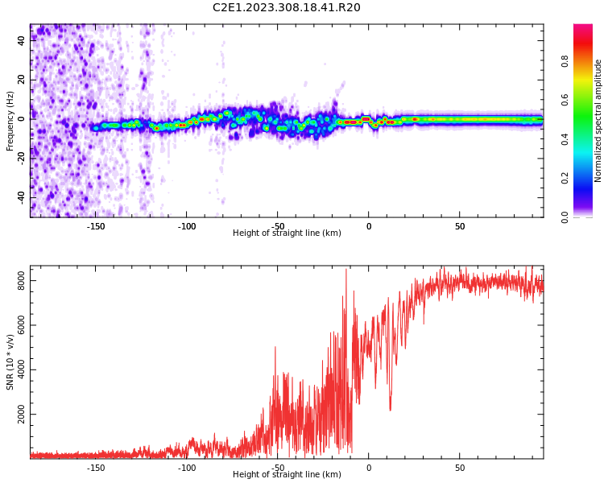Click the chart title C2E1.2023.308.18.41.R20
pyautogui.click(x=287, y=8)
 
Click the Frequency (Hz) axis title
pyautogui.click(x=10, y=121)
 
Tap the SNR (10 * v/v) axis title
pyautogui.click(x=10, y=362)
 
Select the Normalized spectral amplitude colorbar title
pyautogui.click(x=598, y=121)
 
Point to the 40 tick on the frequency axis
pyautogui.click(x=21, y=40)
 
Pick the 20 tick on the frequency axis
pyautogui.click(x=21, y=80)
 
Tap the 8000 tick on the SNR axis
pyautogui.click(x=17, y=281)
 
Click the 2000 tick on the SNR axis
pyautogui.click(x=17, y=415)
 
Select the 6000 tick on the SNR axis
pyautogui.click(x=17, y=325)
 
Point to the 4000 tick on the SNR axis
pyautogui.click(x=17, y=370)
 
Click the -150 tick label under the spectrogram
pyautogui.click(x=96, y=226)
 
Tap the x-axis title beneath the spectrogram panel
pyautogui.click(x=287, y=233)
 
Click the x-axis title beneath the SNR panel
pyautogui.click(x=287, y=475)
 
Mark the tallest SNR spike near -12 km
pyautogui.click(x=346, y=270)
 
